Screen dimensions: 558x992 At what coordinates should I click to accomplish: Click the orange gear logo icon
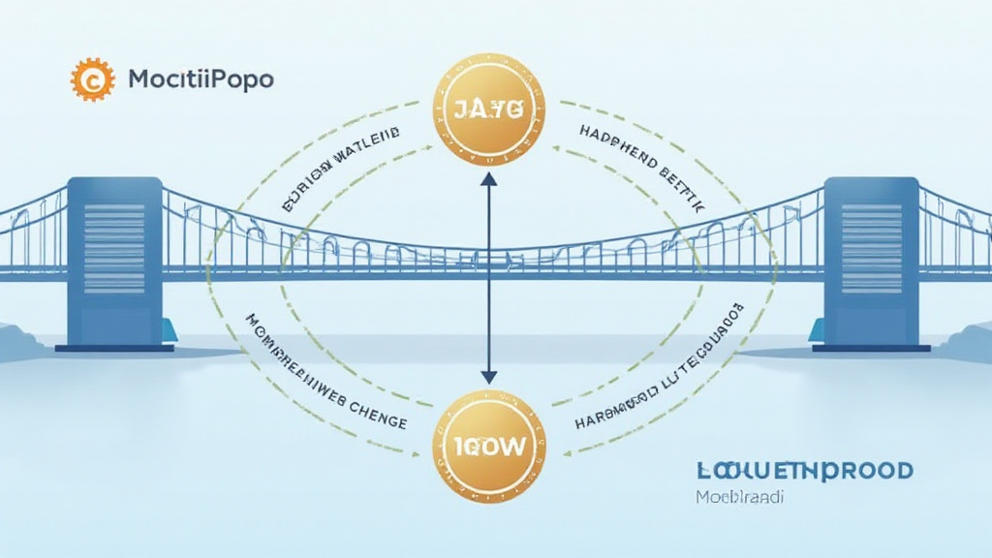click(x=92, y=78)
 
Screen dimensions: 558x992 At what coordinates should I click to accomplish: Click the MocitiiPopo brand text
click(x=201, y=79)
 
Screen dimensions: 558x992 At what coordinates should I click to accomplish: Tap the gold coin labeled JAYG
click(x=487, y=109)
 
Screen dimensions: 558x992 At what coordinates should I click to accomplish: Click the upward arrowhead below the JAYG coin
click(x=487, y=180)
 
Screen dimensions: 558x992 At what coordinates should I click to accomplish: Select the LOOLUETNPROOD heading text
click(x=803, y=472)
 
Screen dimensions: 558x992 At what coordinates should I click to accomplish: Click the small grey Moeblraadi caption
click(x=738, y=498)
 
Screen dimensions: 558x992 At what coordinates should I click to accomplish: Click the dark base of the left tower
click(x=114, y=346)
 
